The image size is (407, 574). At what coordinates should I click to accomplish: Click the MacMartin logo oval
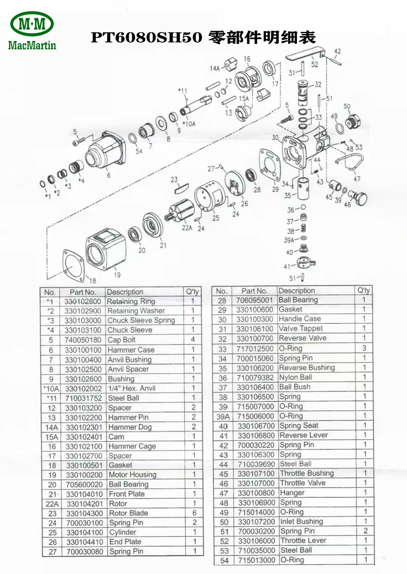click(x=32, y=23)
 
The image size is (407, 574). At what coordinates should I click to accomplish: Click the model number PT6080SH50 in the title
click(x=147, y=38)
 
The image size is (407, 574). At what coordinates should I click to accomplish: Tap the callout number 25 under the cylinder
click(x=216, y=218)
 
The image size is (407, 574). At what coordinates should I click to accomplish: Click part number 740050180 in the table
click(x=83, y=340)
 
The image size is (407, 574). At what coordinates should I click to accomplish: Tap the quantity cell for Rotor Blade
click(x=194, y=513)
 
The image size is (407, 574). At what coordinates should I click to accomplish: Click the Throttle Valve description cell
click(x=303, y=483)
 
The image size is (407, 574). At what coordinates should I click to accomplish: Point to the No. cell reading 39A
click(x=223, y=416)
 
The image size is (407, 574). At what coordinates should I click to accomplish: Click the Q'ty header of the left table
click(x=193, y=292)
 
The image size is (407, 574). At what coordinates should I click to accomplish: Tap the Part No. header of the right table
click(x=254, y=291)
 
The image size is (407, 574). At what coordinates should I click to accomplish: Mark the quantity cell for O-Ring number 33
click(x=364, y=348)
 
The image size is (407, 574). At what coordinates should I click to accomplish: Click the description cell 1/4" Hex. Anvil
click(x=132, y=388)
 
